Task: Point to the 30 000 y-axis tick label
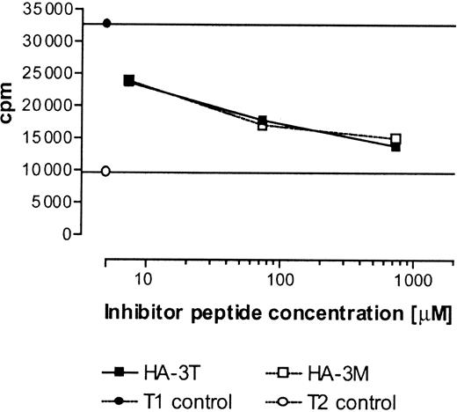(48, 41)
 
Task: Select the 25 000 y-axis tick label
(48, 73)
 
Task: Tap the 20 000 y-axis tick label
(48, 106)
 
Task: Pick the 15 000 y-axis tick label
(48, 138)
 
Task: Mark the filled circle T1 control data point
(106, 23)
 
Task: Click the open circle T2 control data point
(106, 171)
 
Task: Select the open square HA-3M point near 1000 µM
(396, 139)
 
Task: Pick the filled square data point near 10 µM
(129, 81)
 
